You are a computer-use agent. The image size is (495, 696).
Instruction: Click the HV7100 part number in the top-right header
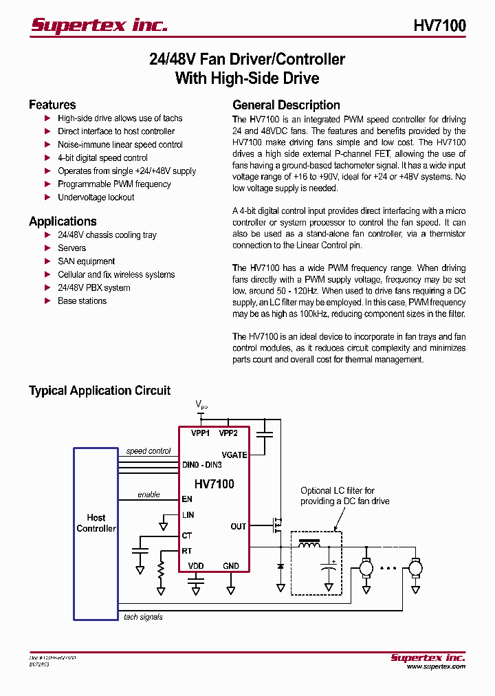coord(439,25)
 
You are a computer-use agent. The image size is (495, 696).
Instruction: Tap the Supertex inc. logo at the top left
coord(99,25)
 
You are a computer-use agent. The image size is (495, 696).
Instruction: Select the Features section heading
coord(52,105)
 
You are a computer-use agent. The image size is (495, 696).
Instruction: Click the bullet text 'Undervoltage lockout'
coord(96,197)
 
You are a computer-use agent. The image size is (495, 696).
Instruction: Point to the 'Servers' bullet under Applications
coord(71,248)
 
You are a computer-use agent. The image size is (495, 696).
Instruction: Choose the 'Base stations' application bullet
coord(82,301)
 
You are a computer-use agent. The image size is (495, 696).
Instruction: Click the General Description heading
coord(286,105)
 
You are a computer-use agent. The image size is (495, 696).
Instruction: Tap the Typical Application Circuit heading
coord(100,391)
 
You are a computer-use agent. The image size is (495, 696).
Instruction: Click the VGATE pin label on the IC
coord(234,455)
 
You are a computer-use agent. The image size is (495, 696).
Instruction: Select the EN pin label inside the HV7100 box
coord(187,499)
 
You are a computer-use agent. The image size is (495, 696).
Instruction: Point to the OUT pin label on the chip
coord(238,527)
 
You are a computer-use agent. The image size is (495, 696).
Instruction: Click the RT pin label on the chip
coord(187,551)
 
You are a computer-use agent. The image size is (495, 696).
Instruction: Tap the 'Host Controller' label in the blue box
coord(96,523)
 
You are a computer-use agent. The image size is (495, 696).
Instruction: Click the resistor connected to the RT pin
coord(161,571)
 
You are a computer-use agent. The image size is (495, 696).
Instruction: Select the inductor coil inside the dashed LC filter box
coord(309,546)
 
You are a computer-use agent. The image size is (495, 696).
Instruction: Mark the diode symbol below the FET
coord(280,565)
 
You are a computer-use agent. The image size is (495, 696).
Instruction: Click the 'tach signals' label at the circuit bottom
coord(143,617)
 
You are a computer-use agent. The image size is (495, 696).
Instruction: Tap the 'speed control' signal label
coord(148,451)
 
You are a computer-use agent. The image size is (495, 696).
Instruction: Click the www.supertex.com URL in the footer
coord(435,666)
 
